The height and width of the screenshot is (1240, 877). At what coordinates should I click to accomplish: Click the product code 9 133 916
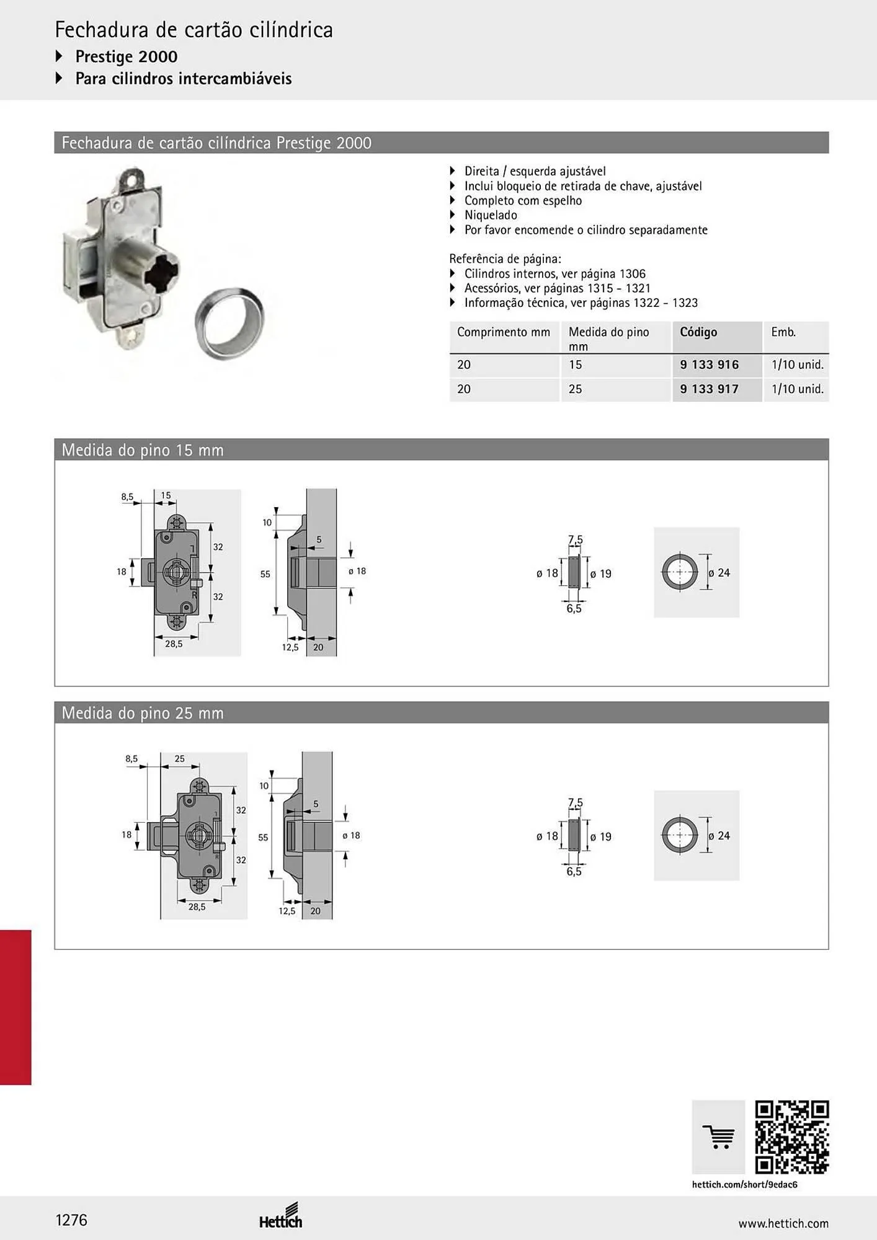[x=709, y=365]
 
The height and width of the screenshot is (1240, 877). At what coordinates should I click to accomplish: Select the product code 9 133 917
[x=709, y=389]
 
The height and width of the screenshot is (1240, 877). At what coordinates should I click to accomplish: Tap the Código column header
[x=698, y=332]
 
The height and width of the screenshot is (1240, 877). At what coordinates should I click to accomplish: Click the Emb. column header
[x=783, y=332]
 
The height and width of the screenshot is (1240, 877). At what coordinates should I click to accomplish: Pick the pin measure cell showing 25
[x=575, y=389]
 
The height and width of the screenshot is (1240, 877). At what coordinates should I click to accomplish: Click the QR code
[x=792, y=1138]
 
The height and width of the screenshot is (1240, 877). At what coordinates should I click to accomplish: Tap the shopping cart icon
[x=719, y=1138]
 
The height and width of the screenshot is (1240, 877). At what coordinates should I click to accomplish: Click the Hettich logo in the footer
[x=281, y=1216]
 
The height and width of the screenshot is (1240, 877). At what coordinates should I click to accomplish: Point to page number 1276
[x=71, y=1220]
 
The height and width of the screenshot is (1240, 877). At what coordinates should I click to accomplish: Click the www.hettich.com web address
[x=783, y=1223]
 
